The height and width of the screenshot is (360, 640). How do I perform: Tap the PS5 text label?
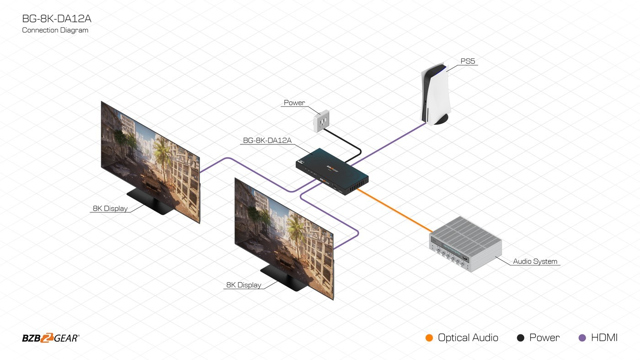coord(468,61)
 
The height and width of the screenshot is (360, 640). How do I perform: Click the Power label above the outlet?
coord(294,103)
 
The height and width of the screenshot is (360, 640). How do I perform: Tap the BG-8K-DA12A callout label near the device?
coord(267,140)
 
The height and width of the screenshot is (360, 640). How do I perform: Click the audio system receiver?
coord(465,244)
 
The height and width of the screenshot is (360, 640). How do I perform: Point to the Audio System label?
coord(535,261)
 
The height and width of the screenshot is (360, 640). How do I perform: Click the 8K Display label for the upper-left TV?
coord(110,208)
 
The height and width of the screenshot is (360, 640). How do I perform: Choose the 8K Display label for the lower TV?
coord(244,285)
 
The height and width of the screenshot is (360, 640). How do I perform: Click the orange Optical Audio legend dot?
coord(429,338)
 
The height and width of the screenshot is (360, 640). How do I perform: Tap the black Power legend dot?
coord(520,338)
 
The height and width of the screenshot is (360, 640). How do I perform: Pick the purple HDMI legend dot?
coord(582,338)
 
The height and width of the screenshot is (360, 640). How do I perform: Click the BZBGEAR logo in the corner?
coord(51,338)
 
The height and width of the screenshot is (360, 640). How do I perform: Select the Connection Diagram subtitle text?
coord(55,30)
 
